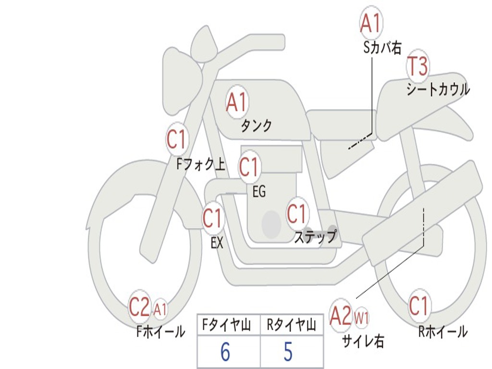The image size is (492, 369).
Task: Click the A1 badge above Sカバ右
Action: [x=371, y=24]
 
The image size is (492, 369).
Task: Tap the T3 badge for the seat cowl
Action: [x=418, y=66]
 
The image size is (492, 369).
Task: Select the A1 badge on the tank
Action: [x=236, y=102]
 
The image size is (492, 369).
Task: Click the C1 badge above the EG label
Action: [x=249, y=167]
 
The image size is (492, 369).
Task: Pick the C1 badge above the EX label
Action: [x=212, y=219]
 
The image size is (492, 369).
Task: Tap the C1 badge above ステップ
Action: [x=296, y=214]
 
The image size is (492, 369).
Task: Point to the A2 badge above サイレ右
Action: [x=341, y=315]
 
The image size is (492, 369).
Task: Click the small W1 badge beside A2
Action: [x=361, y=317]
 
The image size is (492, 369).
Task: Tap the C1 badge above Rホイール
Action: [x=418, y=306]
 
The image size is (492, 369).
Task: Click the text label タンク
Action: [x=256, y=126]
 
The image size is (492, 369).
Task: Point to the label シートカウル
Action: [x=438, y=89]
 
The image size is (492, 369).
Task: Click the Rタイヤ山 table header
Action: [x=291, y=326]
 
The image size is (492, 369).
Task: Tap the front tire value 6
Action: [x=225, y=352]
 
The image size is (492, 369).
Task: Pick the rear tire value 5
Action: [x=288, y=352]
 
